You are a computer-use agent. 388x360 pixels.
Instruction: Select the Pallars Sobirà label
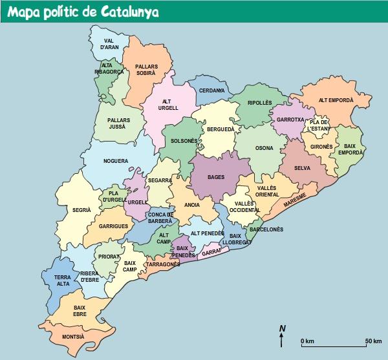point(145,70)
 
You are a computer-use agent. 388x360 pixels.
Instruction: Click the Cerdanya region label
point(211,90)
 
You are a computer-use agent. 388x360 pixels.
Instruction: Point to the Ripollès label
point(260,103)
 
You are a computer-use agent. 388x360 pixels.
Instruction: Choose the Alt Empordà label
point(336,100)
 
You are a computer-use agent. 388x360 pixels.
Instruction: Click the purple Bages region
point(216,176)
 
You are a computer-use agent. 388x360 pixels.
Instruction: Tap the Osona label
point(264,148)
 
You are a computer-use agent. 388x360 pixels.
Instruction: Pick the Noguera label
point(116,161)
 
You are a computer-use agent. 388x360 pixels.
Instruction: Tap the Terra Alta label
point(57,280)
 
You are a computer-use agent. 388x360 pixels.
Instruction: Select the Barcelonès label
point(266,229)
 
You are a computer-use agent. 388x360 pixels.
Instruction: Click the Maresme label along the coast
point(294,201)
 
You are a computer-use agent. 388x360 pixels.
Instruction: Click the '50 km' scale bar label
point(373,341)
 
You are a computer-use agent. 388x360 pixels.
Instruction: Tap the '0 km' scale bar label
point(307,341)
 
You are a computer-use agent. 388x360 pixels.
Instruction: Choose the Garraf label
point(211,250)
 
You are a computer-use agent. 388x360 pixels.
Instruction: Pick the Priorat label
point(108,257)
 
